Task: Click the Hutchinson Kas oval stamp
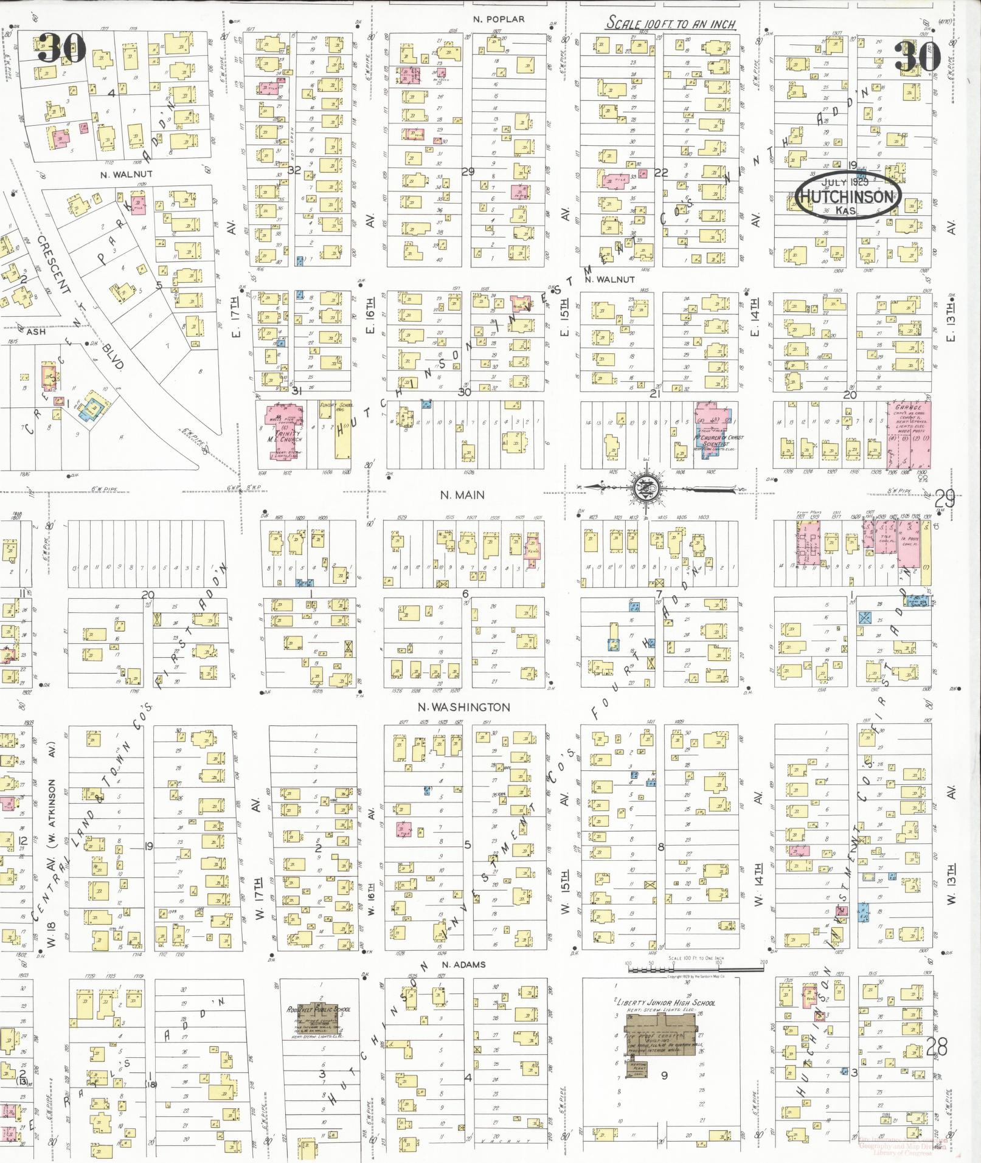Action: (x=848, y=196)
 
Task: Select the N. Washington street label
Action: (x=463, y=707)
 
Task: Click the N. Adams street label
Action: (x=463, y=965)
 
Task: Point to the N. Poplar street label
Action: (x=498, y=19)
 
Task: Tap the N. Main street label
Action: (x=462, y=495)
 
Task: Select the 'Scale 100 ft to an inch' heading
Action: (x=670, y=24)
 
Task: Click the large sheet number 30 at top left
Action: (x=61, y=48)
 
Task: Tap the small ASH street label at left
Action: (x=35, y=332)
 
